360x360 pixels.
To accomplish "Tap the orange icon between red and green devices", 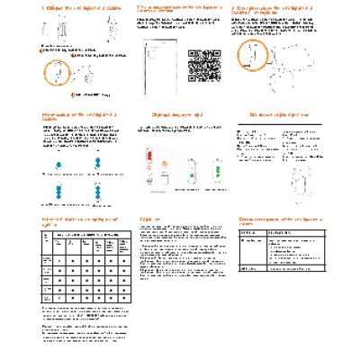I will pyautogui.click(x=168, y=171).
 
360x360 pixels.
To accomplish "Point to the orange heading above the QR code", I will pyautogui.click(x=184, y=8).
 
